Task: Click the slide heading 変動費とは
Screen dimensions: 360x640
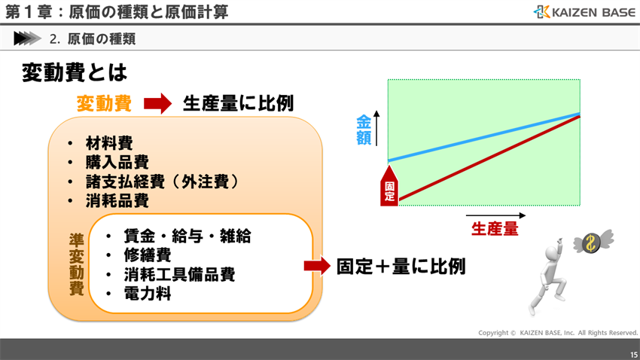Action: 75,72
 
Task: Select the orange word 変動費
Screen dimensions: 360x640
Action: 104,104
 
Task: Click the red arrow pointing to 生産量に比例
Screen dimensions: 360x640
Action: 157,104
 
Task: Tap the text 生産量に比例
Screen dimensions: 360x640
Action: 238,103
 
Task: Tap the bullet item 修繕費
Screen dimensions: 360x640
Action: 148,255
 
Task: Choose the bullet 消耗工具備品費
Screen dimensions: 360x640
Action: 180,275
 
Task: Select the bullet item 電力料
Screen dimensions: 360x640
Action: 148,294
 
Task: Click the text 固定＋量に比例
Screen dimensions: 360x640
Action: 401,266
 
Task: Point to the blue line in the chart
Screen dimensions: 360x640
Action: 482,138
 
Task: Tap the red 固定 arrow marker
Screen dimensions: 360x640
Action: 389,187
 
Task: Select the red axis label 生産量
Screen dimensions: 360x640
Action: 495,229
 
